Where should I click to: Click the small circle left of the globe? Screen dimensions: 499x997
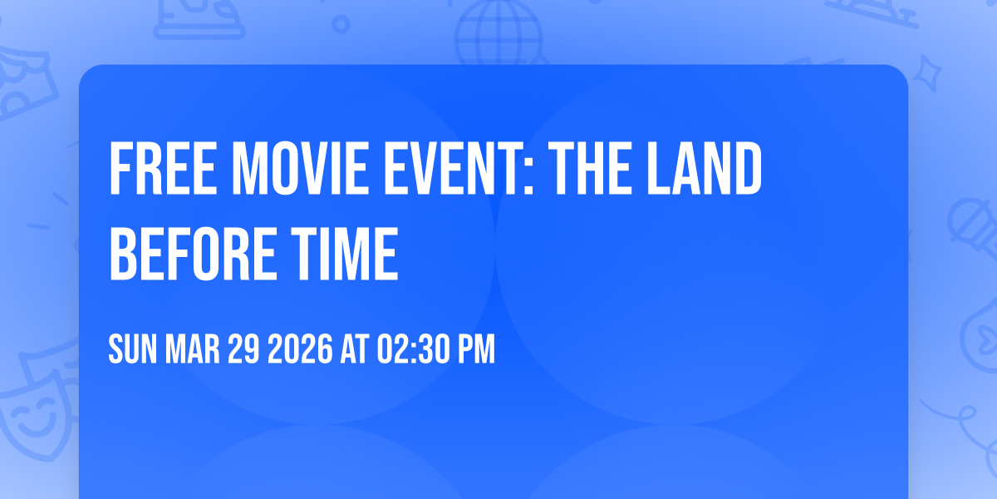tap(341, 24)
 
